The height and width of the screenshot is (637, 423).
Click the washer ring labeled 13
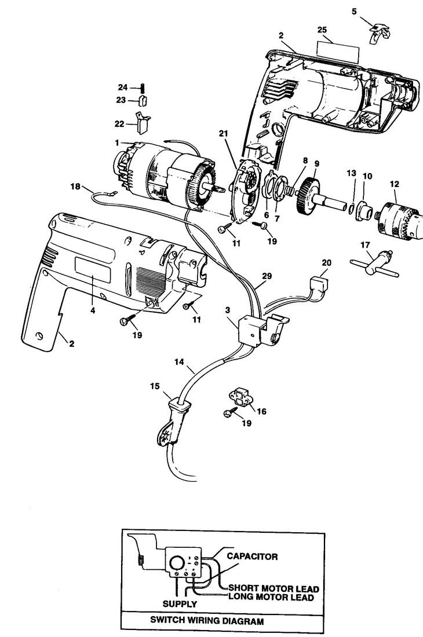(352, 206)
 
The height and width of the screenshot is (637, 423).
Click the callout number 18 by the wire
(75, 186)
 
